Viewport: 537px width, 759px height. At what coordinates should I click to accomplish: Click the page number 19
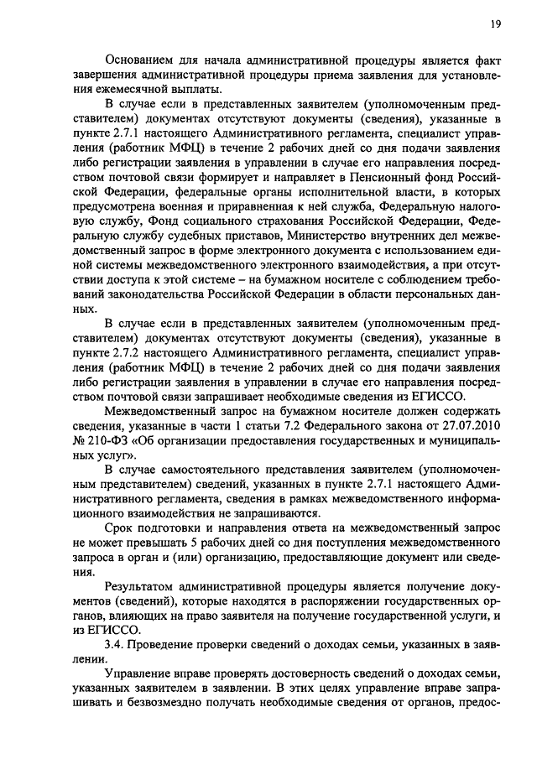pos(497,25)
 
